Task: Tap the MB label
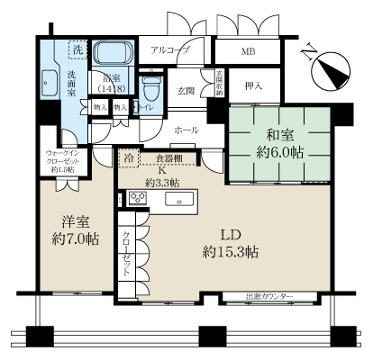tap(248, 51)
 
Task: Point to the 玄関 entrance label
tap(186, 91)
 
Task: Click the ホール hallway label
tap(186, 130)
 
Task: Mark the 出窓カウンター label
tap(270, 296)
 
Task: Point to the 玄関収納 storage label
tap(217, 83)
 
